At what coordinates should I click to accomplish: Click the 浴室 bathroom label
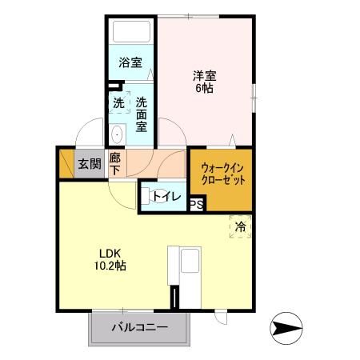click(131, 62)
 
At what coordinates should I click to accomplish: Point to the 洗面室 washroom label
click(141, 113)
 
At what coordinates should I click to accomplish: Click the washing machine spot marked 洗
click(118, 103)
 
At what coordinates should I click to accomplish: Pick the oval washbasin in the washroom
click(117, 134)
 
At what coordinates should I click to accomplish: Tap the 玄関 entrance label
click(89, 165)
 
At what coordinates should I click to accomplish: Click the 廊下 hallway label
click(115, 165)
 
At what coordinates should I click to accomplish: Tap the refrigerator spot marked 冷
click(239, 227)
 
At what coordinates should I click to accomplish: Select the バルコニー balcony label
click(139, 327)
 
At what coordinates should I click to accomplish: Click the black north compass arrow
click(289, 327)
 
